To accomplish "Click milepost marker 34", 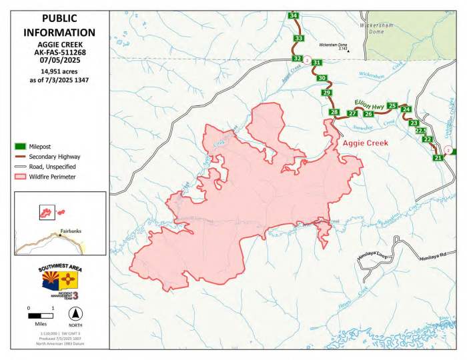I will [293, 15].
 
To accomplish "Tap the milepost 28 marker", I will [334, 112].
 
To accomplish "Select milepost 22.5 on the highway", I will [421, 131].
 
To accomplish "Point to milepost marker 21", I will [438, 158].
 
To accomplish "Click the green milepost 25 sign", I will [392, 106].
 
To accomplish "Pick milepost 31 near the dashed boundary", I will [317, 63].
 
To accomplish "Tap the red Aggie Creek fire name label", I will [364, 143].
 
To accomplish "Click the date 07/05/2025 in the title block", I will [59, 59].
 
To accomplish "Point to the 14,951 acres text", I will [59, 71].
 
